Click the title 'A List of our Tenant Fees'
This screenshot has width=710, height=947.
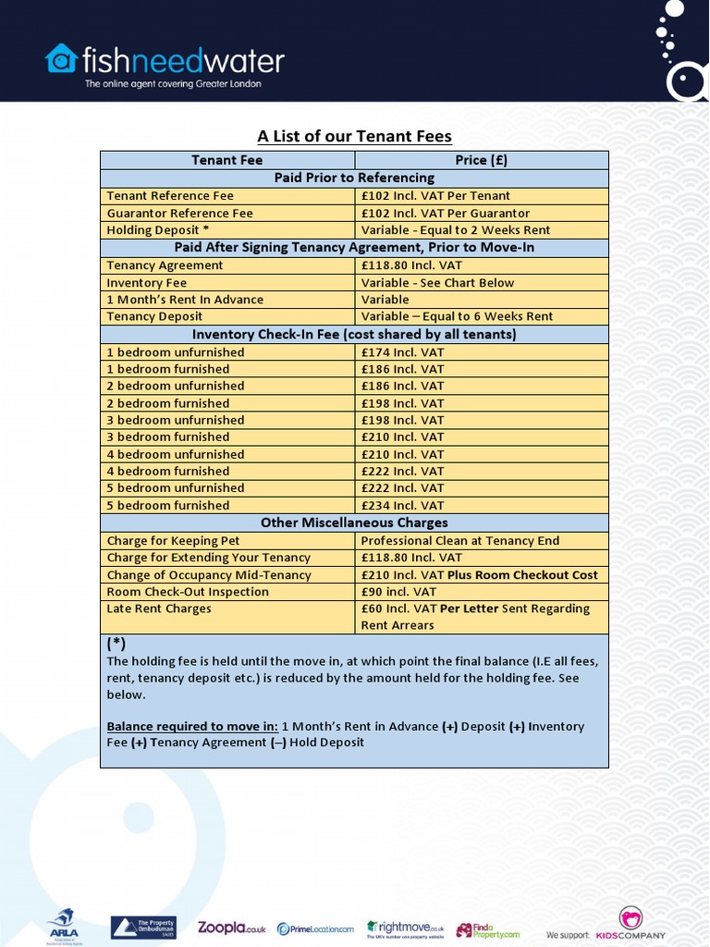(x=354, y=137)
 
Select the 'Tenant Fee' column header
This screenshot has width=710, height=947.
(x=226, y=160)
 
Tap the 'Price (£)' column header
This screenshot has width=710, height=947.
(x=481, y=160)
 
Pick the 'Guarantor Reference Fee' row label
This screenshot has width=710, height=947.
(x=179, y=213)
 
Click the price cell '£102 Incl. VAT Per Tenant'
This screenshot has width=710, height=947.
(x=435, y=196)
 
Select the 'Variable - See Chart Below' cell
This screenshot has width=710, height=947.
(x=437, y=283)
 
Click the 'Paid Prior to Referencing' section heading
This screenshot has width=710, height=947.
(x=354, y=178)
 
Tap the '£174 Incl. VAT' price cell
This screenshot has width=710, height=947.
(x=402, y=352)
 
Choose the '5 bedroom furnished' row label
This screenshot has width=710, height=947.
(x=167, y=505)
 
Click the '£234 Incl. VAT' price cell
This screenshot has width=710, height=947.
(x=402, y=505)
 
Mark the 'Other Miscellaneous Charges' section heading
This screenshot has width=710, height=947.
(x=354, y=523)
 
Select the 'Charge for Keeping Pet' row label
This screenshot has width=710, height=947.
(x=173, y=541)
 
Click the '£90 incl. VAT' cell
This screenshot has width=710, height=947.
(x=398, y=592)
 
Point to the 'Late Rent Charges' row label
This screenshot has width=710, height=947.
(x=159, y=609)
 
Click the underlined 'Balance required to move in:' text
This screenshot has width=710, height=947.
(x=192, y=726)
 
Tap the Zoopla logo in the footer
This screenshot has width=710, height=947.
(x=231, y=929)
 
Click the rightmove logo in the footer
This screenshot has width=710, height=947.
(x=405, y=929)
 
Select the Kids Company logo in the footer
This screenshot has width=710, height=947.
(x=630, y=926)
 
